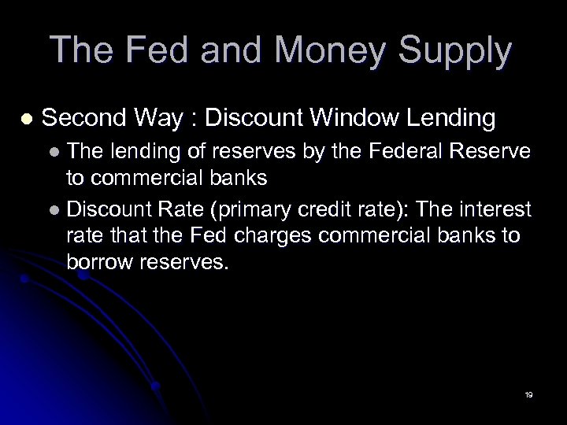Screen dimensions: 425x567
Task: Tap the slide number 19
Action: tap(528, 394)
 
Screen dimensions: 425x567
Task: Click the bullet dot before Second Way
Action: tap(27, 119)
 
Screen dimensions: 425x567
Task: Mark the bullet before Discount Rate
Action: tap(53, 210)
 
